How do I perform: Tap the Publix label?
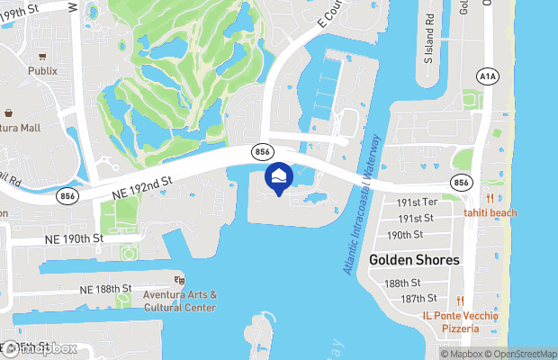[41, 70]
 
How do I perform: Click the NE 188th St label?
[105, 289]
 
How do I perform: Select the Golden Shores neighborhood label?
[414, 259]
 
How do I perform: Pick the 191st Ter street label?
[418, 202]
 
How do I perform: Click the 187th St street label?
[418, 298]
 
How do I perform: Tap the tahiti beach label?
[490, 212]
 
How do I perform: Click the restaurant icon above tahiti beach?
[490, 198]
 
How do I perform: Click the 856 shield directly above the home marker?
[263, 152]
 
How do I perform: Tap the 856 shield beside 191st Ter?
[463, 182]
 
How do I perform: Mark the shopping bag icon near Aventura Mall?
[9, 114]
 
